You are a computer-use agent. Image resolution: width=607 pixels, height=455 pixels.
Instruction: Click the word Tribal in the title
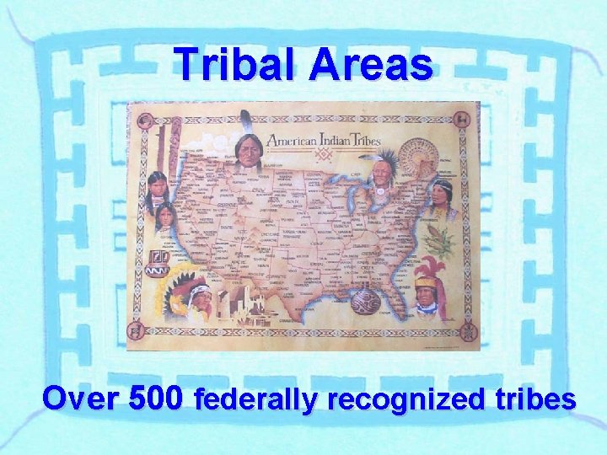pos(236,64)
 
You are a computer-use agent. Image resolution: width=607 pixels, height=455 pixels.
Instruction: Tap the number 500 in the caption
pos(156,397)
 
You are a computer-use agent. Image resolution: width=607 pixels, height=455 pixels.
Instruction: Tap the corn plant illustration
pos(439,240)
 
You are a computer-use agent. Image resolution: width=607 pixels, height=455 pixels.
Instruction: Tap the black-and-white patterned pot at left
pos(160,257)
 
